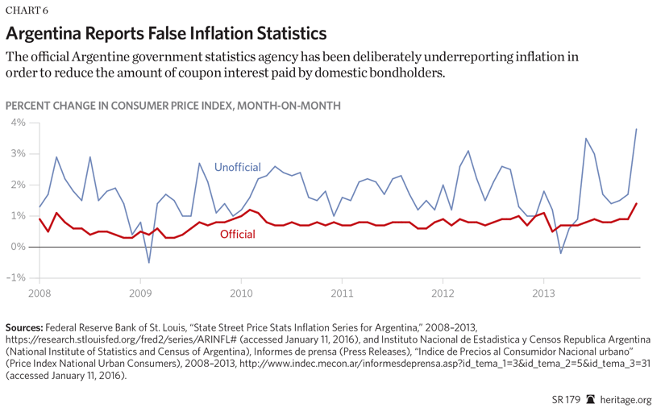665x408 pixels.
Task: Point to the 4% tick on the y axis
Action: (x=17, y=123)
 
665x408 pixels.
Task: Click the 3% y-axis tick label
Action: (x=17, y=153)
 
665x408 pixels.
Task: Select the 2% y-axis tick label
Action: (x=17, y=185)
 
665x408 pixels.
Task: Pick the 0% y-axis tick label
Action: (x=17, y=247)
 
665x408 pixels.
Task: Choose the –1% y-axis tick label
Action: (x=15, y=277)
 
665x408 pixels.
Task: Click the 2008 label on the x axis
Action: (x=39, y=294)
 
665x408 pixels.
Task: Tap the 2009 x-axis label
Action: (x=140, y=294)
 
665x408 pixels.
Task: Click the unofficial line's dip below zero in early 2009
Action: (x=148, y=262)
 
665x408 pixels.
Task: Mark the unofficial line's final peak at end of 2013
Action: (x=637, y=129)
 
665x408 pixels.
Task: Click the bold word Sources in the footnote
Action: (x=24, y=328)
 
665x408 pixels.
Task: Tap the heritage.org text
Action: (x=628, y=398)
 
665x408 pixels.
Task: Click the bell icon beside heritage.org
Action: (x=591, y=398)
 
